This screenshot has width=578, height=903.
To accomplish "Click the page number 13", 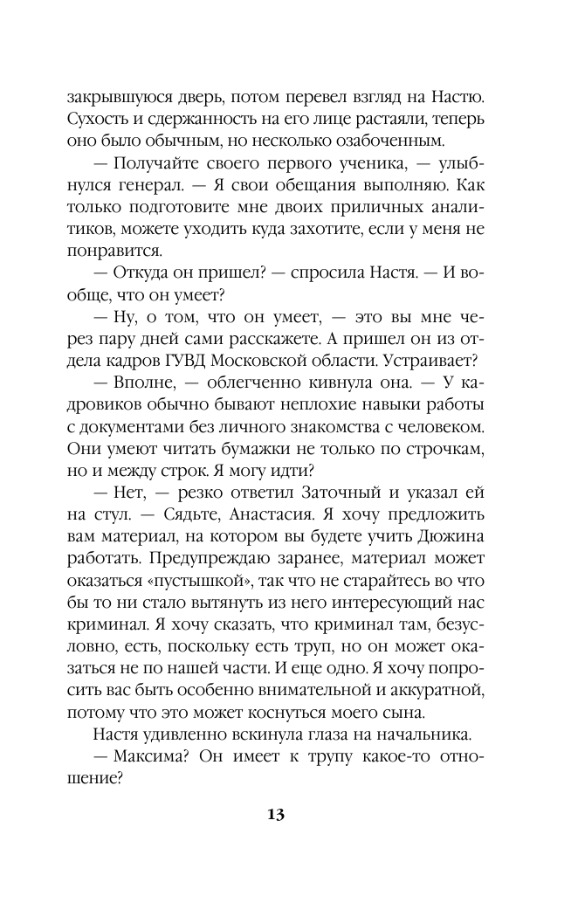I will click(x=276, y=815).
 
